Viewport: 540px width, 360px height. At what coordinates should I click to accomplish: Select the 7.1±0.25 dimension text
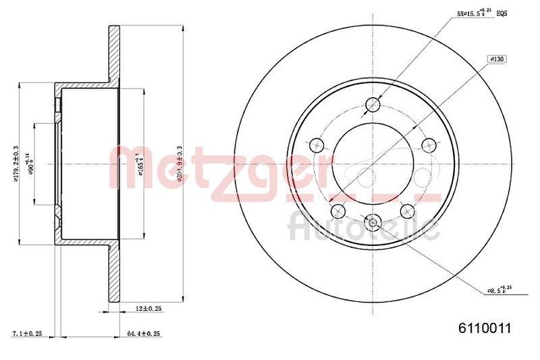point(28,334)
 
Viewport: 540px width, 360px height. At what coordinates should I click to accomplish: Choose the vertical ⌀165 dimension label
point(140,163)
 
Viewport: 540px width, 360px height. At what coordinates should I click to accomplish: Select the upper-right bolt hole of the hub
point(429,145)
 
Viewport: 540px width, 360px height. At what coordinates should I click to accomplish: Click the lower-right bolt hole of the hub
point(407,211)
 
